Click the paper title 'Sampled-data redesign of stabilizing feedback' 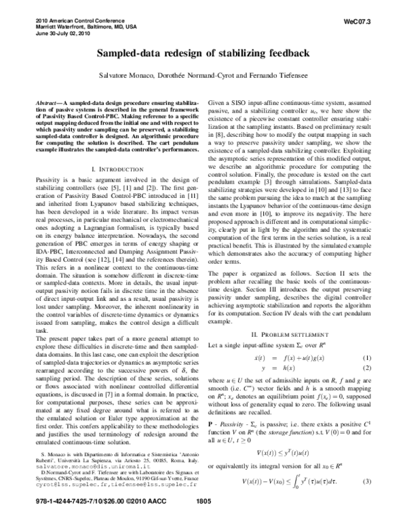tap(203, 52)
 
